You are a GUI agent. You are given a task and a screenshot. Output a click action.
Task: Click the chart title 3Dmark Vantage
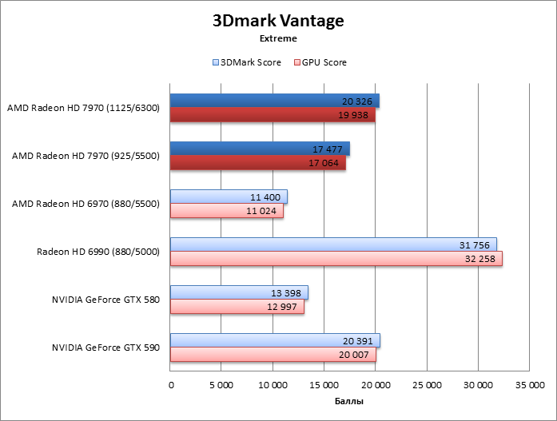coord(278,20)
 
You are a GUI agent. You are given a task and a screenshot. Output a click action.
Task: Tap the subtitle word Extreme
coord(278,38)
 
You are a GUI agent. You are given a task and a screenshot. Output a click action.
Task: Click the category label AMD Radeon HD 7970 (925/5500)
coord(86,156)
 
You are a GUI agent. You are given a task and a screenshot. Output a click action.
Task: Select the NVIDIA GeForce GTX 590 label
coord(105,348)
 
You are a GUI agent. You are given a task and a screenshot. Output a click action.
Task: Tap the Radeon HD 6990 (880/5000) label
coord(98,252)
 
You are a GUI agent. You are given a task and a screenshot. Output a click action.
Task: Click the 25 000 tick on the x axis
coord(427,384)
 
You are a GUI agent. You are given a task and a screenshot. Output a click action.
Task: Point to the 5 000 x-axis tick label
coord(221,384)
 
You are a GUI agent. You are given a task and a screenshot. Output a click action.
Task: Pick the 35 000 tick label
coord(529,384)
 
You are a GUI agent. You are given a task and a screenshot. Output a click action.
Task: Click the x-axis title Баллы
coord(348,400)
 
